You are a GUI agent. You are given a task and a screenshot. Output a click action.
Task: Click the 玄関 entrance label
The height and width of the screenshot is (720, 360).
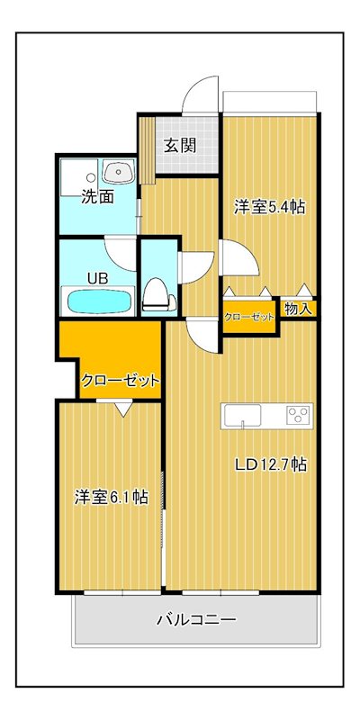click(x=181, y=145)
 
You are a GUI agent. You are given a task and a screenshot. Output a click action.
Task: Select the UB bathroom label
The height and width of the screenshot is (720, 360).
click(x=98, y=278)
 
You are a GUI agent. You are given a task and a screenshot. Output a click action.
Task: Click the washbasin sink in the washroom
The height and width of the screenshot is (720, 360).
click(x=119, y=172)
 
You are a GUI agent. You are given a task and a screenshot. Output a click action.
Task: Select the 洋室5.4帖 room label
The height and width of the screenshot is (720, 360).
click(x=269, y=207)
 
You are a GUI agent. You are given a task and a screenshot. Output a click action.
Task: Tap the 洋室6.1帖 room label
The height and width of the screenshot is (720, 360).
click(x=111, y=497)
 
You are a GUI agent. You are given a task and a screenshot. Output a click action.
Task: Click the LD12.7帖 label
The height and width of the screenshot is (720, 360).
click(x=271, y=465)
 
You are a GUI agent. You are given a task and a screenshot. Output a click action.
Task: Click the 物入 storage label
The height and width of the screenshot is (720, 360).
click(x=298, y=309)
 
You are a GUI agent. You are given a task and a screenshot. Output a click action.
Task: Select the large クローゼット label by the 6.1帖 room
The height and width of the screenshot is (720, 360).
click(x=121, y=380)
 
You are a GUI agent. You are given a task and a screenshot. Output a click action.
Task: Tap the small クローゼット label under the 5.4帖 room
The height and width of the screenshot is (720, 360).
click(x=249, y=317)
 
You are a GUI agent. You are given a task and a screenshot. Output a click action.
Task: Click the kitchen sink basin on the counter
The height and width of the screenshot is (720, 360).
click(x=242, y=416)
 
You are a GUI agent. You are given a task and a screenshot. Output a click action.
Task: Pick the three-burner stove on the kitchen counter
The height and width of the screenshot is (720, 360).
click(x=299, y=416)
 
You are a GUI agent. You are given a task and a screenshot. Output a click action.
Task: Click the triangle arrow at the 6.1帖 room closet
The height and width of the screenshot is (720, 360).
click(x=122, y=409)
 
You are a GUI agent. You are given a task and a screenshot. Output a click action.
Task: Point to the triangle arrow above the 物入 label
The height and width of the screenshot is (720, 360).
click(x=304, y=290)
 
